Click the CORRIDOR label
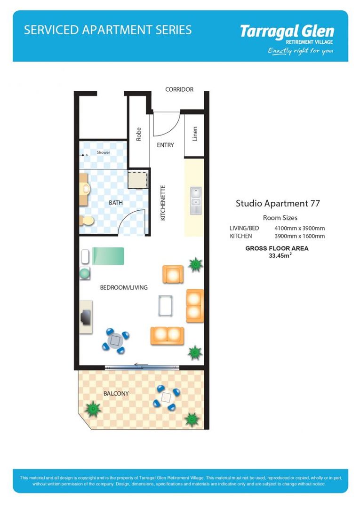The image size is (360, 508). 179,89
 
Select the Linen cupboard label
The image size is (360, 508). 195,134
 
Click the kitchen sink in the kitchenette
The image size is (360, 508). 196,198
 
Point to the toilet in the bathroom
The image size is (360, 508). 86,220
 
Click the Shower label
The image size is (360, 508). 103,152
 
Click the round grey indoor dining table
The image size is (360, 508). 116,340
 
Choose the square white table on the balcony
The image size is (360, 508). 167,397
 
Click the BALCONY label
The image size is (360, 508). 116,393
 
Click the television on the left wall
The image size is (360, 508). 86,317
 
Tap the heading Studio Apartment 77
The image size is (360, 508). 278,204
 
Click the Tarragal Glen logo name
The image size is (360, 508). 287,32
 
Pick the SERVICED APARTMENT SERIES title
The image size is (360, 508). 108,30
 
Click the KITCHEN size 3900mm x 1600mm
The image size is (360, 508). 299,236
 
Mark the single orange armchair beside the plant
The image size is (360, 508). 173,274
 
